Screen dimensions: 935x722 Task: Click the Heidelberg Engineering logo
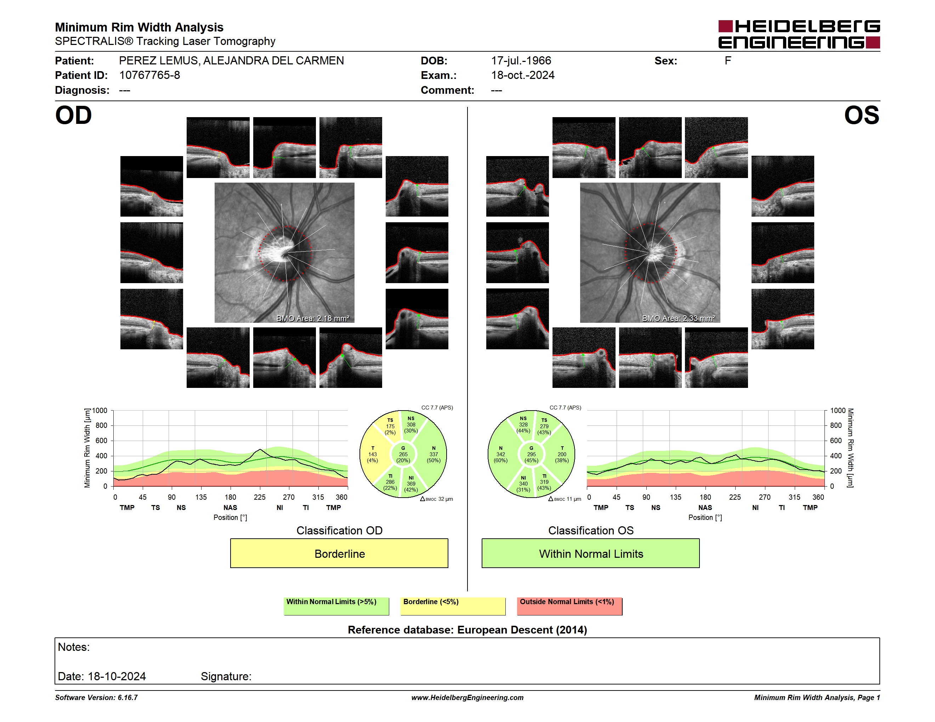(x=799, y=34)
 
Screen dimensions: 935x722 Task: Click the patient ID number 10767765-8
(x=149, y=75)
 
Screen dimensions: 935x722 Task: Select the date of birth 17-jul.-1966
(x=521, y=61)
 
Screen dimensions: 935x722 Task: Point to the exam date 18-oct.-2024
(x=523, y=75)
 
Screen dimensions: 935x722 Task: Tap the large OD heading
(x=74, y=115)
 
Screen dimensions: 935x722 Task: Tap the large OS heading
(x=861, y=115)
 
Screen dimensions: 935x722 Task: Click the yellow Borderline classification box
(x=339, y=553)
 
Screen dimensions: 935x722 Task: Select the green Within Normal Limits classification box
(x=591, y=553)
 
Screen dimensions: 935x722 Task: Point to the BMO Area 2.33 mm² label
(x=679, y=318)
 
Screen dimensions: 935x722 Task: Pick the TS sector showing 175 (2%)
(x=390, y=426)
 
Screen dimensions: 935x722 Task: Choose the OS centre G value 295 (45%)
(x=531, y=454)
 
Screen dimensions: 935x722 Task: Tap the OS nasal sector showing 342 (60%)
(x=500, y=454)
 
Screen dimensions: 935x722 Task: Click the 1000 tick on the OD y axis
(x=100, y=411)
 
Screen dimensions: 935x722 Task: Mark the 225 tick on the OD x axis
(x=260, y=497)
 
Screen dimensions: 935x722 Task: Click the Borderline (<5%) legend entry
(x=453, y=606)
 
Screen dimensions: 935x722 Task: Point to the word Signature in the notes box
(x=226, y=676)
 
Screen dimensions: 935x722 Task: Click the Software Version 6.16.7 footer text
(x=96, y=698)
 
